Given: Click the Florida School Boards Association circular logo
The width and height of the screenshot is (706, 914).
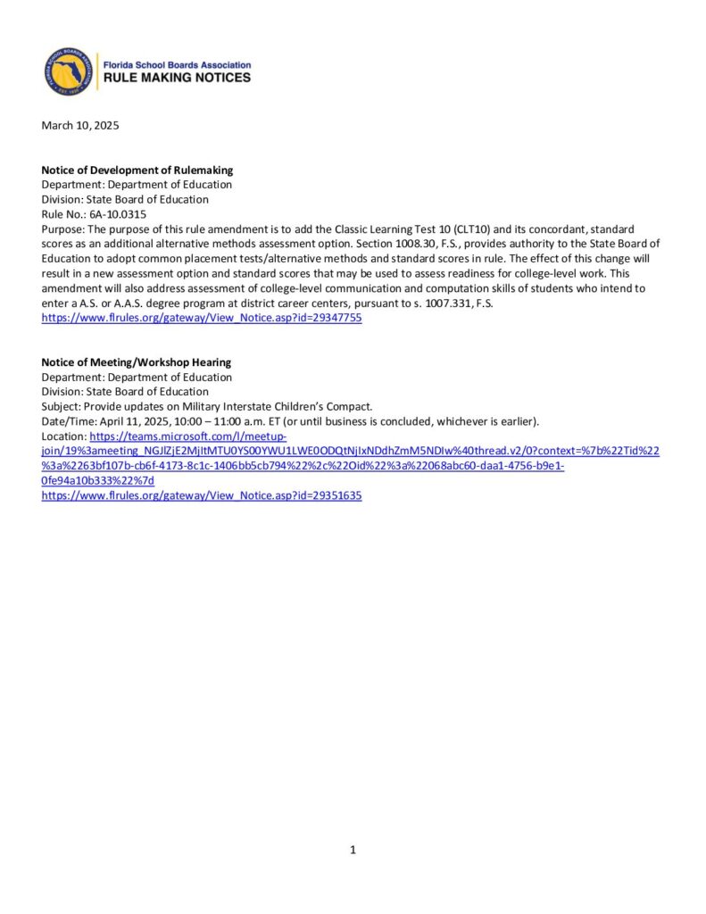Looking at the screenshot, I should coord(68,71).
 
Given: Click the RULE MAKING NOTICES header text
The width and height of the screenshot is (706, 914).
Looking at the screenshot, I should coord(178,79).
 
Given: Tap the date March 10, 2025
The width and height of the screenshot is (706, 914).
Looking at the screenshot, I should coord(80,126).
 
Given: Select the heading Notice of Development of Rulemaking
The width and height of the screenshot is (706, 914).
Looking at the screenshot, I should coord(137,170).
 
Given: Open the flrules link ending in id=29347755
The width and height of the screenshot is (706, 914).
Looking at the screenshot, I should coord(202,318).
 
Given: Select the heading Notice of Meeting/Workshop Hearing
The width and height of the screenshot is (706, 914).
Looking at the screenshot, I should coord(137,362).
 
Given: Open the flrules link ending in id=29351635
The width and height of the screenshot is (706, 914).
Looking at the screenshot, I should coord(202,495).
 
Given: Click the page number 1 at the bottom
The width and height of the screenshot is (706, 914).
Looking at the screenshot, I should coord(353,850).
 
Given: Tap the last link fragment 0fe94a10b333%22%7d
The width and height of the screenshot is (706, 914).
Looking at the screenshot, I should coord(97,480).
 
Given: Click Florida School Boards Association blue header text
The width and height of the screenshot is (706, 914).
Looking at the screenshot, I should coord(178,65).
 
